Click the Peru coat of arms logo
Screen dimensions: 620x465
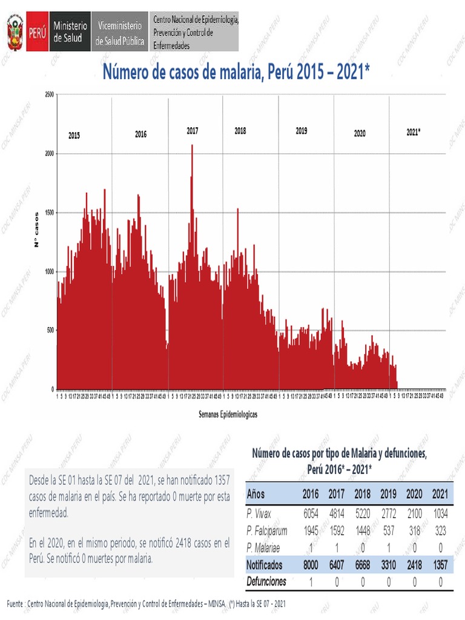[x=15, y=33]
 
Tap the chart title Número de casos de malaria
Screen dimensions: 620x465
[x=236, y=73]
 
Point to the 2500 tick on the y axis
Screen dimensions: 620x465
[x=49, y=94]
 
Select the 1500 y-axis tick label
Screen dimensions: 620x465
[x=49, y=213]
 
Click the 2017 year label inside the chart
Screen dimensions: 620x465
[x=193, y=131]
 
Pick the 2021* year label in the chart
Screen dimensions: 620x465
[x=414, y=131]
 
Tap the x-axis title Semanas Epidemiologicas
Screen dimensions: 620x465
[x=227, y=415]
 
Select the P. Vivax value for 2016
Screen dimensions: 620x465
[x=309, y=513]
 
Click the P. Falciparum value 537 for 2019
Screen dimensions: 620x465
[x=388, y=530]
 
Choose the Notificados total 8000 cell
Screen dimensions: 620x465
[x=309, y=564]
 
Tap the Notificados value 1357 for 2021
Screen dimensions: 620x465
[x=440, y=564]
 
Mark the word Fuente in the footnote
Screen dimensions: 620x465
[x=15, y=604]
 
